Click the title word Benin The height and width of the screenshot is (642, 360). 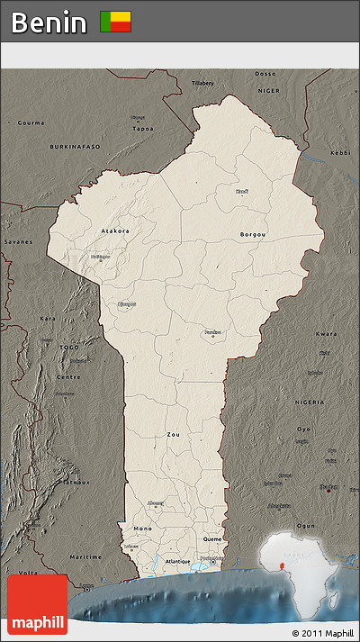[49, 23]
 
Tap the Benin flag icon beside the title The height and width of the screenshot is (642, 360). [115, 23]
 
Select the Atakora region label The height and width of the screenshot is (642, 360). [113, 231]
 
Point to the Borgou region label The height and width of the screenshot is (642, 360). [253, 235]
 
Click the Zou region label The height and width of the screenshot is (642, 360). [173, 434]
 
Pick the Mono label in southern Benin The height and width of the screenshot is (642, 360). [142, 528]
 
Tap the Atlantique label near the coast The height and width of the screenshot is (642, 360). [178, 561]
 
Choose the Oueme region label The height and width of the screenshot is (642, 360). [212, 539]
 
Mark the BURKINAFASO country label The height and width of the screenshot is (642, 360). [76, 146]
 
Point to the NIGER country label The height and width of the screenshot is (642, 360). [270, 91]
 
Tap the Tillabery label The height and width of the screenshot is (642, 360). [202, 83]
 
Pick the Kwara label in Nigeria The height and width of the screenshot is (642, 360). [327, 334]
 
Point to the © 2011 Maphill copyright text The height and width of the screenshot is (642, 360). [322, 633]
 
